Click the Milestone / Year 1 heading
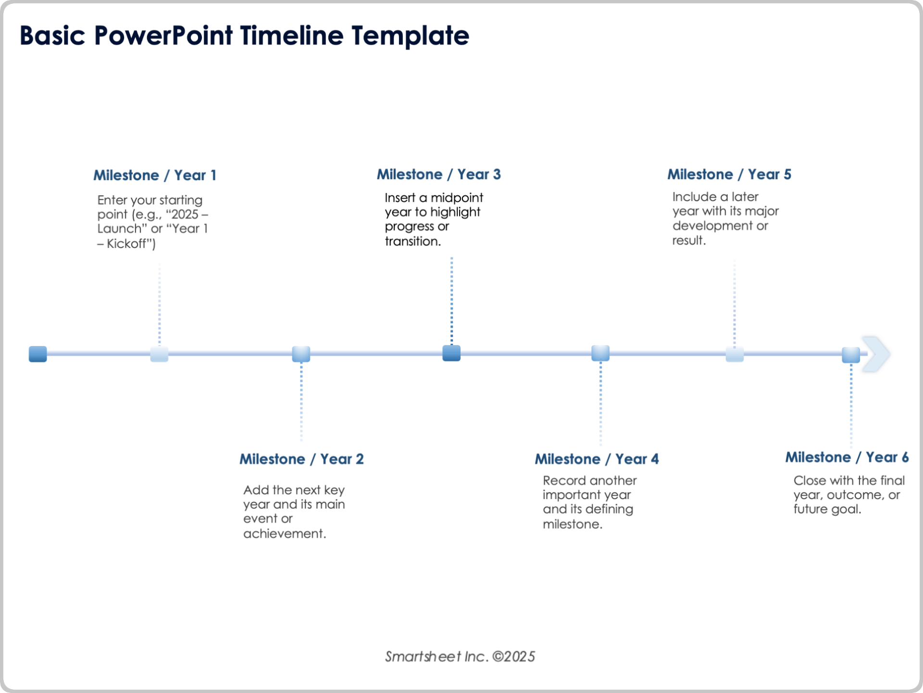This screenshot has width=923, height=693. (x=154, y=175)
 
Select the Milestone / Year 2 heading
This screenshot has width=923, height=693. (x=301, y=459)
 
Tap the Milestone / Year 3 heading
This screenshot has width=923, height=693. (x=438, y=174)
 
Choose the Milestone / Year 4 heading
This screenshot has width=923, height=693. (x=597, y=459)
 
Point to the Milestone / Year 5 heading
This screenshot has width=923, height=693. (x=729, y=174)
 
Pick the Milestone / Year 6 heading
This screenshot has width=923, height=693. (x=847, y=457)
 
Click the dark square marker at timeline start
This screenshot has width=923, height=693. (x=38, y=354)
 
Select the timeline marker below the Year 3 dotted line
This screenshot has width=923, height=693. (x=451, y=353)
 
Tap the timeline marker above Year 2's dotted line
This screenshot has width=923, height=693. (x=301, y=354)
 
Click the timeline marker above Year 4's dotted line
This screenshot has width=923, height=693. (x=600, y=353)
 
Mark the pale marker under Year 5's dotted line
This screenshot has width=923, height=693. (x=735, y=355)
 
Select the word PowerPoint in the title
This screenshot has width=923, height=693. (x=163, y=36)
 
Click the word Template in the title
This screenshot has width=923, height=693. (x=410, y=36)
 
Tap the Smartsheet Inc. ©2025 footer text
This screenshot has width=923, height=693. (x=460, y=656)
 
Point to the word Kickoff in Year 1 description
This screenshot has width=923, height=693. (x=128, y=244)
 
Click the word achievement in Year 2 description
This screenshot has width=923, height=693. (x=284, y=534)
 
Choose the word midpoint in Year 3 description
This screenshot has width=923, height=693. (x=457, y=198)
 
